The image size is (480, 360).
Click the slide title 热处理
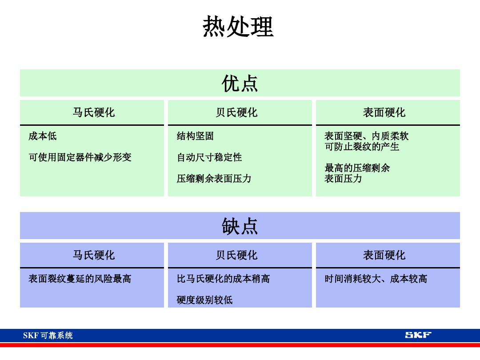(x=238, y=27)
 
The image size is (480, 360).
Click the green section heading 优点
(x=240, y=84)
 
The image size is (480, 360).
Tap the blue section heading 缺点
(x=240, y=226)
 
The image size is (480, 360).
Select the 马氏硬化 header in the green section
(x=94, y=112)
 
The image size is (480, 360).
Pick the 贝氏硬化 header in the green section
(x=236, y=112)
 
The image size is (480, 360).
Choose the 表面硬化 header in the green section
(x=384, y=112)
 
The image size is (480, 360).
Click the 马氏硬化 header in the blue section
(x=94, y=255)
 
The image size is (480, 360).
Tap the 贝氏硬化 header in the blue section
(x=236, y=255)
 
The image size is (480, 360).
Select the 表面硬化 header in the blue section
(x=384, y=255)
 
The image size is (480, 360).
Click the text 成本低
(x=43, y=136)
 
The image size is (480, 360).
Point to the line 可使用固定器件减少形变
(x=80, y=157)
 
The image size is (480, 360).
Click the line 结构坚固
(x=195, y=136)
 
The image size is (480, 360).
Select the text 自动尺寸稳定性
(x=209, y=157)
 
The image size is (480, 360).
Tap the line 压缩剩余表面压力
(x=214, y=179)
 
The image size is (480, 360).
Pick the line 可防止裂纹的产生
(x=362, y=147)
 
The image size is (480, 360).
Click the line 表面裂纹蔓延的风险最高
(x=80, y=279)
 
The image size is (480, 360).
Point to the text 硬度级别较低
(x=204, y=300)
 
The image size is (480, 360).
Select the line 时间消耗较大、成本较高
(x=376, y=279)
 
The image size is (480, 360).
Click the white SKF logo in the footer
(x=418, y=335)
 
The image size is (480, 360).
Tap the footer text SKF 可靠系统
(x=48, y=336)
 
